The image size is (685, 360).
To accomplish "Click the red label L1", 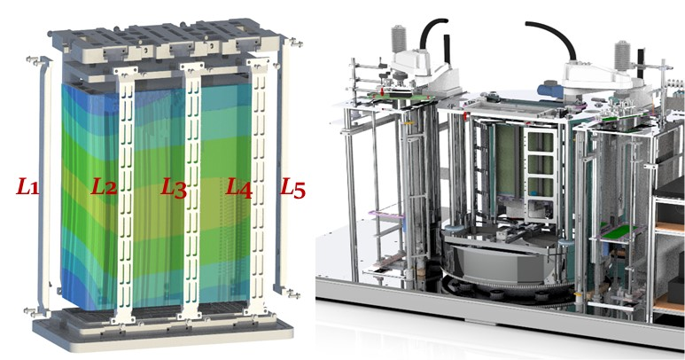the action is [x=27, y=186].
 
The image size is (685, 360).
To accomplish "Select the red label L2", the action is [x=104, y=186].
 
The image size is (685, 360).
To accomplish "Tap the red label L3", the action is [x=174, y=187].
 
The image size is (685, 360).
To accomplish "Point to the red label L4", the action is [x=239, y=188].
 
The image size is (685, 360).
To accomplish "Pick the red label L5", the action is [x=292, y=188].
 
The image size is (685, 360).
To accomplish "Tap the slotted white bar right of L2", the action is [x=125, y=194].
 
